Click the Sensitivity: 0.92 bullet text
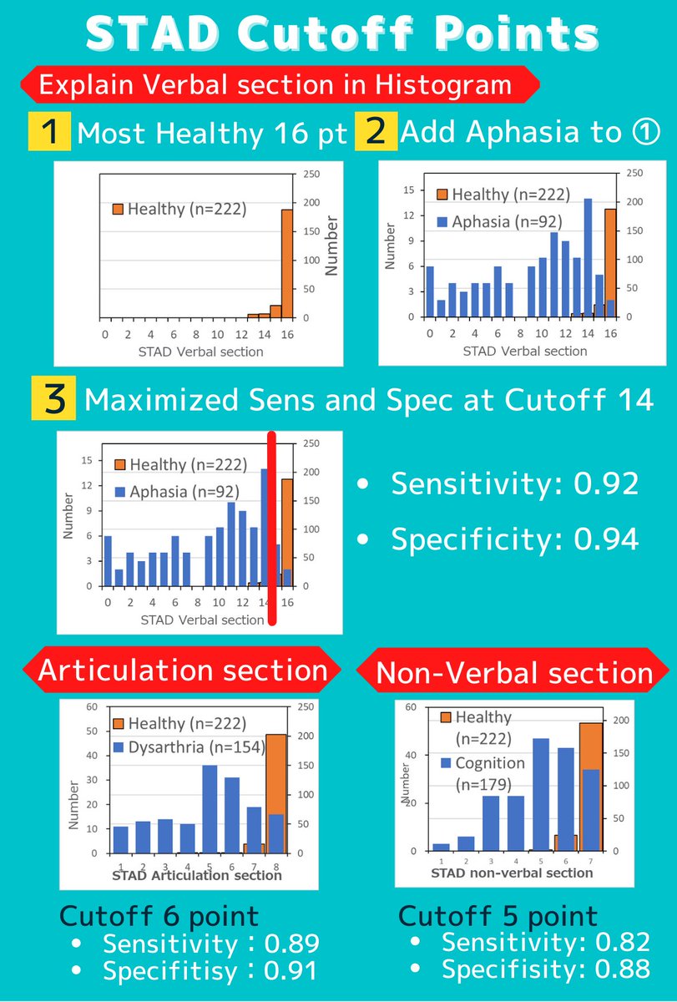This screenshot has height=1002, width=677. (514, 483)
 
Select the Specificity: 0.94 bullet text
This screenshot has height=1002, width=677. (514, 539)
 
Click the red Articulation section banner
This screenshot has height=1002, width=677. (182, 670)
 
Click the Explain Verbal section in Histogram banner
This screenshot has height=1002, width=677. (275, 84)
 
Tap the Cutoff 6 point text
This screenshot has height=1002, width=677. (159, 916)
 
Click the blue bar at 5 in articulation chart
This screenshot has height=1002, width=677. (210, 808)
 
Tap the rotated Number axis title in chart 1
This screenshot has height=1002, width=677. (331, 246)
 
